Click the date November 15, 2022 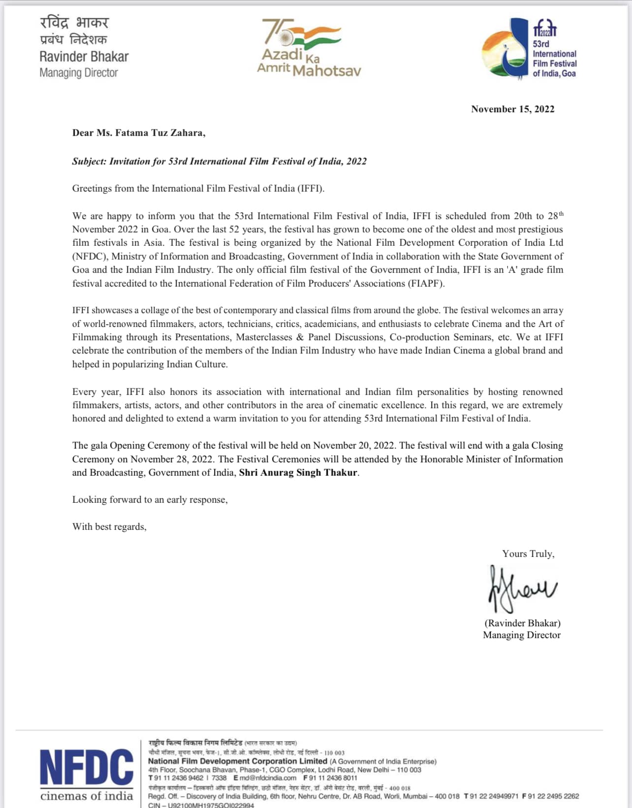tap(512, 109)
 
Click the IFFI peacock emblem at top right tap(505, 49)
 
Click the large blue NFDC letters tap(87, 768)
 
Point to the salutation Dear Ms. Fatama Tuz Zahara tap(138, 133)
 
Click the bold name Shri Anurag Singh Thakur tap(298, 473)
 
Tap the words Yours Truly tap(528, 554)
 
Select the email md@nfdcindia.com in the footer tap(268, 778)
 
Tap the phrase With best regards tap(109, 527)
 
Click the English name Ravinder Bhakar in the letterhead tap(84, 57)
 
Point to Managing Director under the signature tap(522, 635)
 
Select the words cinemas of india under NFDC tap(87, 796)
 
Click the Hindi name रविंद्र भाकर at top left tap(74, 23)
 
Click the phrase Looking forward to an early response tap(150, 500)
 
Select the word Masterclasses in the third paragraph tap(264, 337)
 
